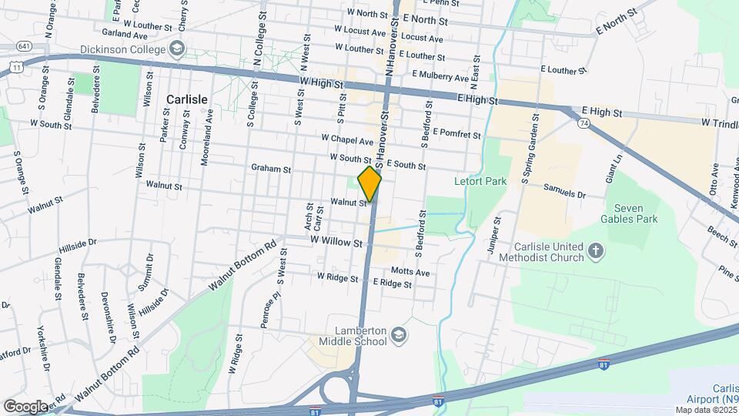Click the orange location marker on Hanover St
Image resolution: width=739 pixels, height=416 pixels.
tap(370, 183)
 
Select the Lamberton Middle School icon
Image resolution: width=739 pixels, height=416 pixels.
tap(400, 334)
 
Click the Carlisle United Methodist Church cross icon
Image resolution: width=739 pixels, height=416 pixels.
tap(596, 251)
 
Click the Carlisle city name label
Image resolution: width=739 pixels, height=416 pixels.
tap(186, 99)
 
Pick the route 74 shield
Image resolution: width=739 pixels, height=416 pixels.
tap(584, 122)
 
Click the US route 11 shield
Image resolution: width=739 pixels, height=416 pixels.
tap(16, 68)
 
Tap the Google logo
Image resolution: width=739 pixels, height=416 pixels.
tap(25, 406)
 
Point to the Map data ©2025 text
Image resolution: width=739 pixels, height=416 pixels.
tap(704, 410)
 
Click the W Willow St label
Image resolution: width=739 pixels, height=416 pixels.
tap(336, 242)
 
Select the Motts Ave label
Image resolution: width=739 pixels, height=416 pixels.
tap(410, 272)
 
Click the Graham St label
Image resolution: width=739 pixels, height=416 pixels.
tap(271, 168)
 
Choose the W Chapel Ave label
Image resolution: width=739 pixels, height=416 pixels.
tap(347, 139)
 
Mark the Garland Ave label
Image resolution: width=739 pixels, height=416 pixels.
tap(124, 34)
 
